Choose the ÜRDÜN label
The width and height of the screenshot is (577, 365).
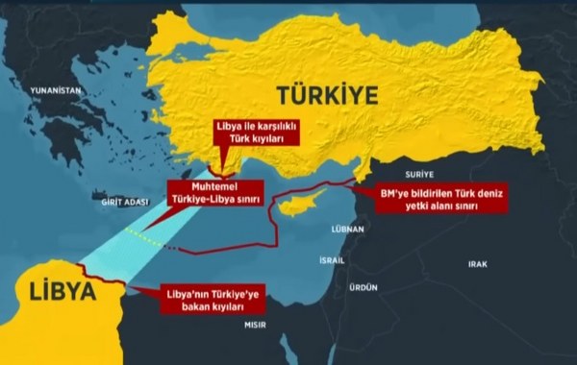point(362,287)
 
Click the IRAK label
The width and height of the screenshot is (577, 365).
point(478,262)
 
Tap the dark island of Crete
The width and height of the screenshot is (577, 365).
point(125,218)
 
